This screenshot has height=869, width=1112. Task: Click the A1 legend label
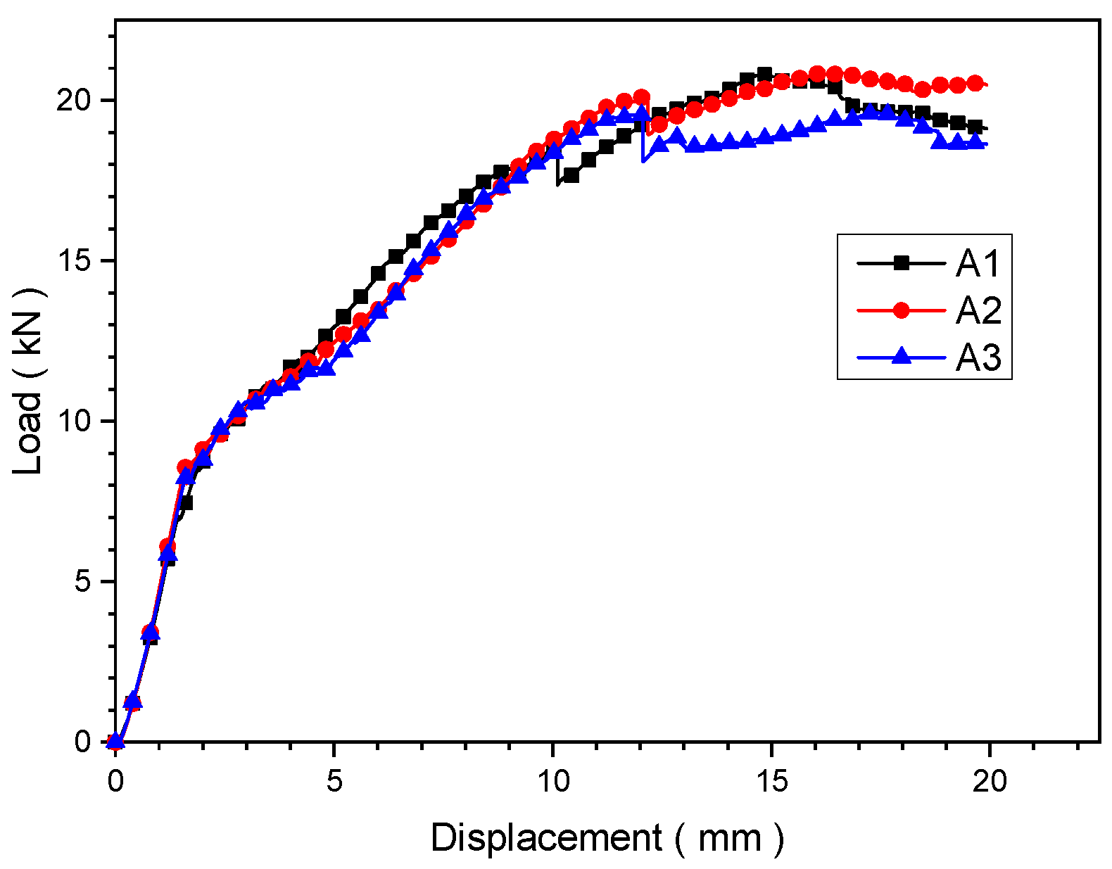tap(978, 264)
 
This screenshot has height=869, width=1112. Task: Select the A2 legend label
tap(978, 310)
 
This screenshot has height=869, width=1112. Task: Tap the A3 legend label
tap(978, 357)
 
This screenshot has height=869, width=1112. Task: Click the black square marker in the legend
tap(901, 263)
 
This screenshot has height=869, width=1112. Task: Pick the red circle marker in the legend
tap(901, 310)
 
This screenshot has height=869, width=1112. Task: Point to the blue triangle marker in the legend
tap(901, 357)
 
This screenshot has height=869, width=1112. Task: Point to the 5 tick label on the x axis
tap(334, 782)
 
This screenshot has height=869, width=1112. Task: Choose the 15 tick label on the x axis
tap(771, 782)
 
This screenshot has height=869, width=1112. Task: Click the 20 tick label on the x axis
tap(990, 782)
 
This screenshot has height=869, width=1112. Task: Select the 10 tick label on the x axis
tap(553, 782)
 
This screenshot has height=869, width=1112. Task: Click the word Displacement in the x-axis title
tap(546, 838)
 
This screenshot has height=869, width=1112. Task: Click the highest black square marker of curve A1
tap(764, 75)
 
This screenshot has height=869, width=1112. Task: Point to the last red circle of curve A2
tap(975, 84)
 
